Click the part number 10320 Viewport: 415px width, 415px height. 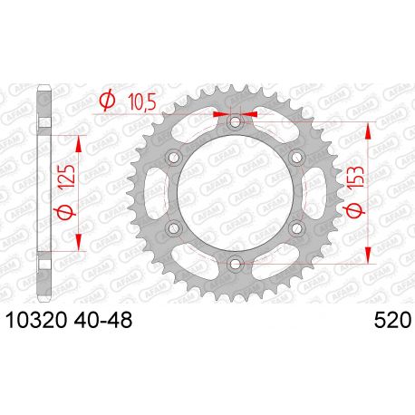tap(37, 321)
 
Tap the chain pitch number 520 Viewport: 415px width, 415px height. tap(391, 321)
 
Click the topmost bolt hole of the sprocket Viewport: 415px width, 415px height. tap(235, 122)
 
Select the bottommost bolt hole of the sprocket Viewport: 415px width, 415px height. tap(235, 264)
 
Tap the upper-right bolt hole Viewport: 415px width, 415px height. tap(295, 158)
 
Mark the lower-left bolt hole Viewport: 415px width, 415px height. tap(174, 228)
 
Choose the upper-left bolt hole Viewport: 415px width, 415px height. tap(174, 158)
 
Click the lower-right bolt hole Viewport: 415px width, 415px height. tap(295, 228)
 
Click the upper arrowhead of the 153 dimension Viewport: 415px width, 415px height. tap(368, 130)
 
